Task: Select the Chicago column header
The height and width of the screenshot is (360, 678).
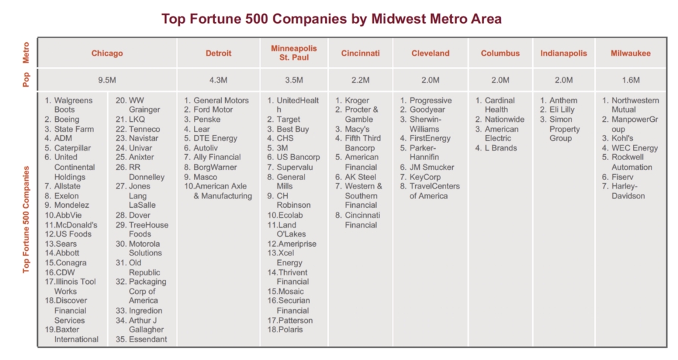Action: [107, 54]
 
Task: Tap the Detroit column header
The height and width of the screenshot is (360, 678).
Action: [218, 54]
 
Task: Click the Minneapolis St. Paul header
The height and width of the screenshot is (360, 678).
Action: [294, 53]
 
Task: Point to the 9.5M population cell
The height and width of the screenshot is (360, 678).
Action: [107, 80]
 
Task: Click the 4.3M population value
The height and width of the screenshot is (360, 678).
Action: [218, 80]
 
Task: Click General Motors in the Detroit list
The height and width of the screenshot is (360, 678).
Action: [221, 101]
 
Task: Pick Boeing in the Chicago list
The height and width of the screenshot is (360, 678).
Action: [67, 120]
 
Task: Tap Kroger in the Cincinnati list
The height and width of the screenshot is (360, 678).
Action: [357, 101]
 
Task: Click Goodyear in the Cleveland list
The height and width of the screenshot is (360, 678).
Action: [427, 110]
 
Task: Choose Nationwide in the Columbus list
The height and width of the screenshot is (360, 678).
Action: [507, 120]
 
